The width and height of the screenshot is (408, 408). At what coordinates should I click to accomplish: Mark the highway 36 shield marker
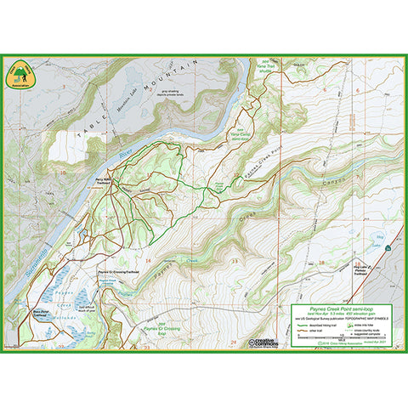(387, 247)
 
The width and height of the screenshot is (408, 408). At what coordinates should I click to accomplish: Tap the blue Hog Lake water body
(379, 237)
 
